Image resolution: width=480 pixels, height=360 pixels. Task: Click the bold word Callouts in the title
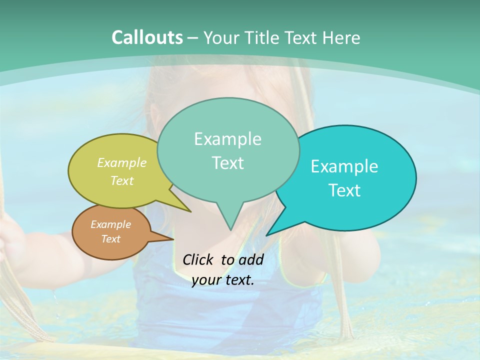pyautogui.click(x=147, y=37)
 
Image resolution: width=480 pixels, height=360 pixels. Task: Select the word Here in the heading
pyautogui.click(x=342, y=38)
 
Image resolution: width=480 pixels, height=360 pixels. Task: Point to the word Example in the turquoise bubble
pyautogui.click(x=344, y=166)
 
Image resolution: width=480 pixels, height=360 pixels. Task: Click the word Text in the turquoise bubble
pyautogui.click(x=344, y=190)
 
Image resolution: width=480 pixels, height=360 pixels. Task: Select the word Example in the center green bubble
pyautogui.click(x=227, y=139)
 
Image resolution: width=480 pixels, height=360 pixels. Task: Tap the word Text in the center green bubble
pyautogui.click(x=227, y=163)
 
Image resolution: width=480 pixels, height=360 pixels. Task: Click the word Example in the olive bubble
pyautogui.click(x=122, y=162)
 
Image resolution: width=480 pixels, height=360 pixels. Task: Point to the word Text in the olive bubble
pyautogui.click(x=122, y=180)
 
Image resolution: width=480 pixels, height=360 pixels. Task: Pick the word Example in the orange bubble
pyautogui.click(x=110, y=224)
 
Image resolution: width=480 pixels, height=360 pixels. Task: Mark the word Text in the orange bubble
pyautogui.click(x=110, y=239)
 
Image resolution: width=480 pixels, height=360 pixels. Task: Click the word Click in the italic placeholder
pyautogui.click(x=198, y=259)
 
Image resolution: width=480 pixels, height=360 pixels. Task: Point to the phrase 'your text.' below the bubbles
pyautogui.click(x=222, y=280)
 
